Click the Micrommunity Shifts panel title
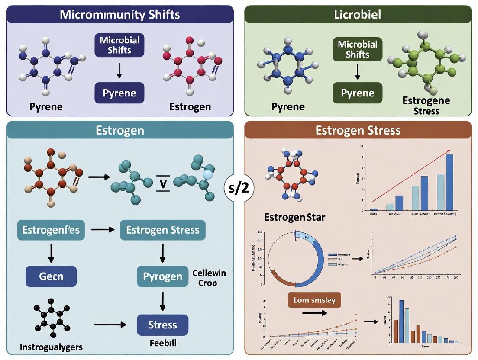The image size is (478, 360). click(x=119, y=14)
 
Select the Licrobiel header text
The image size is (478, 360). click(x=358, y=14)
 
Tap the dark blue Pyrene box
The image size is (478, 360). click(x=119, y=93)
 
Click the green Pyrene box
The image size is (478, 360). click(x=357, y=93)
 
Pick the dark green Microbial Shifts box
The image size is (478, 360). click(x=357, y=49)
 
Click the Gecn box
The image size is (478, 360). click(x=51, y=276)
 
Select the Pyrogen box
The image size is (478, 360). click(x=162, y=276)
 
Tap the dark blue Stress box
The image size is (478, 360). click(x=162, y=325)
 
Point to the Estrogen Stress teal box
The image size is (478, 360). click(x=162, y=230)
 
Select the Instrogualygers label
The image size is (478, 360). click(x=51, y=347)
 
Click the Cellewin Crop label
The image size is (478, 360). click(x=209, y=278)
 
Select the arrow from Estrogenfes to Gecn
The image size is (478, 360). click(x=51, y=253)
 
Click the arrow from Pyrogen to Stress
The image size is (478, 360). click(x=162, y=300)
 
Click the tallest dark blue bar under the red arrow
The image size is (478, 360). click(x=449, y=182)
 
